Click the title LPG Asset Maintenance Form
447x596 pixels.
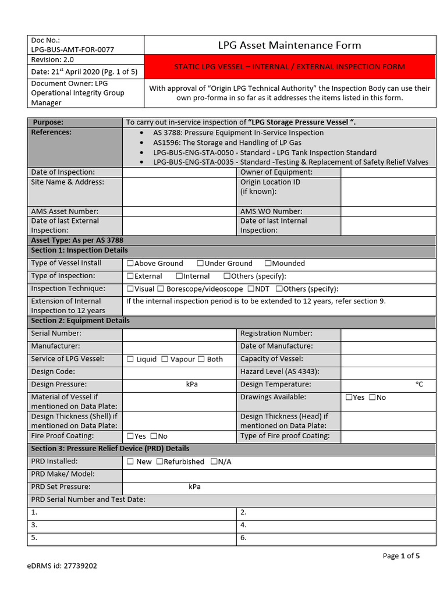point(289,45)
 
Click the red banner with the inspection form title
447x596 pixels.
point(289,67)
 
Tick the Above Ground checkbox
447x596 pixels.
point(130,264)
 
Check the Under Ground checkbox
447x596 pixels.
point(200,264)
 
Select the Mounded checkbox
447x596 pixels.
point(268,264)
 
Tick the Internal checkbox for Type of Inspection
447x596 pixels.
point(179,276)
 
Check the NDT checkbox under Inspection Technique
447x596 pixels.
point(250,289)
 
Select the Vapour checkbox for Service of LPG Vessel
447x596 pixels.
point(165,360)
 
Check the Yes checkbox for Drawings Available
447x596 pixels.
point(349,398)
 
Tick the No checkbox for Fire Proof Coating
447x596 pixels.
point(154,437)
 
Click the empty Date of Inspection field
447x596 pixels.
point(180,172)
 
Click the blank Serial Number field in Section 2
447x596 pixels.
point(180,334)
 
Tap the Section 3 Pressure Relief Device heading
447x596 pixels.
point(110,449)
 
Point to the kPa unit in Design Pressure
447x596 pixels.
point(191,385)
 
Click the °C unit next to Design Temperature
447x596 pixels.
point(419,385)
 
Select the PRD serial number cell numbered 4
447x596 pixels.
point(336,525)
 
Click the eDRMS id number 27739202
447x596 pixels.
point(79,565)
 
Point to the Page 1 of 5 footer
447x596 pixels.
point(401,556)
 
